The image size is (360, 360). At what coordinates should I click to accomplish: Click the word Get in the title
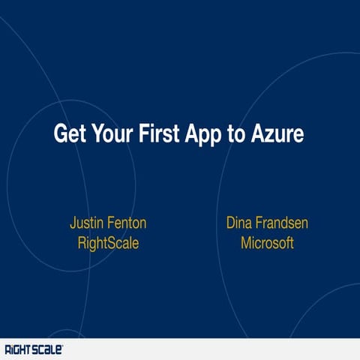(x=71, y=135)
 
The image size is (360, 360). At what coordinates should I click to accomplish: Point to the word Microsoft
(x=267, y=243)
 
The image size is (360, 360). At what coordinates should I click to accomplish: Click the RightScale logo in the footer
(x=34, y=349)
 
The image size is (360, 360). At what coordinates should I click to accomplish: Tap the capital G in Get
(x=60, y=135)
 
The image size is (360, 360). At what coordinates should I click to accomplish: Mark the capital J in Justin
(x=73, y=223)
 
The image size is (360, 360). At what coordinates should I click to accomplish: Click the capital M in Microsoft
(x=246, y=243)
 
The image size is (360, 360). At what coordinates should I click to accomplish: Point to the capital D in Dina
(x=231, y=223)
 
